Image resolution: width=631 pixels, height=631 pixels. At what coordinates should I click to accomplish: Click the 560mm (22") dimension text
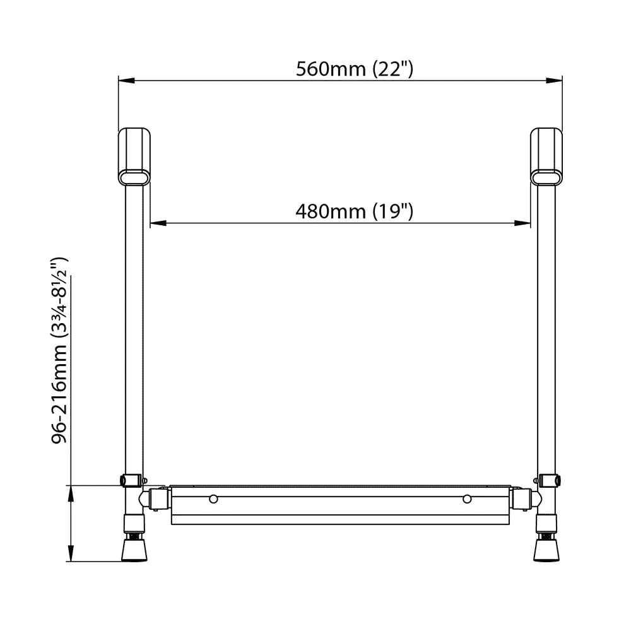point(355,69)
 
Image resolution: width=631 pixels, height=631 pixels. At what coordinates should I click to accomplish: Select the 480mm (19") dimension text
point(354,211)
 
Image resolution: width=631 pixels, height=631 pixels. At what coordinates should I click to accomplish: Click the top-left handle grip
point(136,156)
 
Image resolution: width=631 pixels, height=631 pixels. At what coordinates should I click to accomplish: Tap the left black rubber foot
point(134,550)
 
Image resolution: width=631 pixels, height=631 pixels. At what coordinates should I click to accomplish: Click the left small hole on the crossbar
point(214,499)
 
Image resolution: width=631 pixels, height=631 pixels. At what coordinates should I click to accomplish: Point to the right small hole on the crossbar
point(467,499)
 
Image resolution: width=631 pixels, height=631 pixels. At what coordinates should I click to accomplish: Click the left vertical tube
point(134,328)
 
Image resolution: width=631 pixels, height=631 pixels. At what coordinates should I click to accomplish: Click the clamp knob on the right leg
point(556,481)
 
